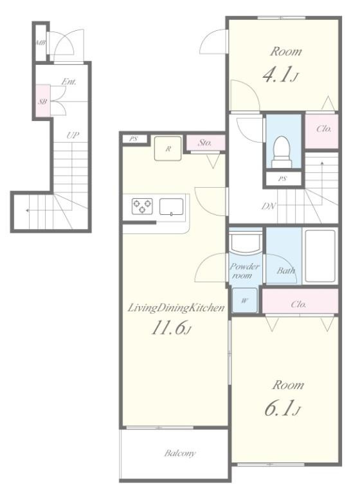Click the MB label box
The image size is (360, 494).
tap(40, 43)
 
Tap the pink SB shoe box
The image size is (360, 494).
tap(43, 101)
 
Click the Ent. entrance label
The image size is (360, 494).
tap(69, 82)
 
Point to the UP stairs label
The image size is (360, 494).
tap(73, 136)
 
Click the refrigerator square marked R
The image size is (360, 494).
tap(168, 149)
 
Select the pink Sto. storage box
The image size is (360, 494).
tap(206, 143)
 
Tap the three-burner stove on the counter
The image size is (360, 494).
tap(142, 206)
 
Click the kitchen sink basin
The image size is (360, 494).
tap(172, 206)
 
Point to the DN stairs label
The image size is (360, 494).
tap(269, 206)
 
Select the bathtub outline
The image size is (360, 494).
tap(319, 255)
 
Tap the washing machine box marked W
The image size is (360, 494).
tap(245, 300)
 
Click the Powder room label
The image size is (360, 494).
tap(244, 271)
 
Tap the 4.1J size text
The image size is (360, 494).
tap(280, 75)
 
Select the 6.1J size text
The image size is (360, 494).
tap(282, 408)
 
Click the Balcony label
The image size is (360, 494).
tap(180, 453)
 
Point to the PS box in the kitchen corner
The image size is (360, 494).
tap(134, 139)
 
